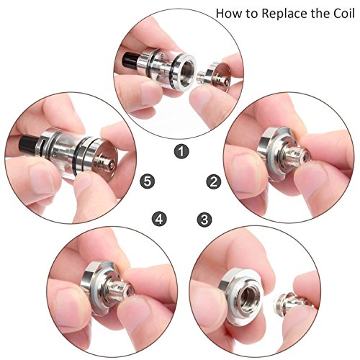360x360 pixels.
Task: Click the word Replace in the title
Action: pos(284,14)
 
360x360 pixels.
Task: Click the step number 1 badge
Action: pos(181,151)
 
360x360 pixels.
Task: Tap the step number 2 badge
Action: pos(214,181)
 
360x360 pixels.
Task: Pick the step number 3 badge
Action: pos(204,219)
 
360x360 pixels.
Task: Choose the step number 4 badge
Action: pos(159,219)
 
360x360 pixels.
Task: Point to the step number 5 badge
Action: pos(148,181)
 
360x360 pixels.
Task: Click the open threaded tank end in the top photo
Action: pos(186,71)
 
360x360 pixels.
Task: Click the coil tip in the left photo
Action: pos(106,163)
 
